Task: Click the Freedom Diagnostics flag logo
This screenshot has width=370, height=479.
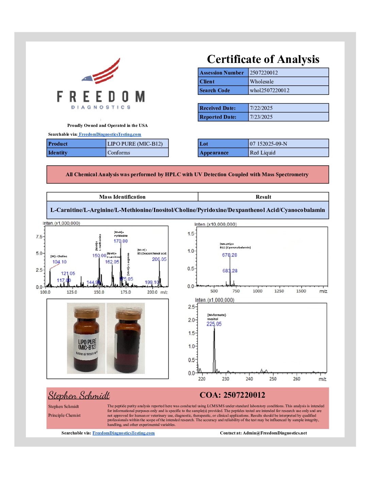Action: point(102,71)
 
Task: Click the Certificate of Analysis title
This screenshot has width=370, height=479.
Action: point(263,59)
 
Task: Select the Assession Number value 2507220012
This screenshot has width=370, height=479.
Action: point(264,72)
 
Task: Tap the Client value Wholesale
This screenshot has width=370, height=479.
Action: point(262,81)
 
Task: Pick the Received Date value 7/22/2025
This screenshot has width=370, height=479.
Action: point(261,108)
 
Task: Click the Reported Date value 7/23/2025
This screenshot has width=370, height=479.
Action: point(261,117)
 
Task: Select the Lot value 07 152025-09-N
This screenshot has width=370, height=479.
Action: point(268,144)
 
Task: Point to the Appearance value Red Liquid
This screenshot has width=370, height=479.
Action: point(263,152)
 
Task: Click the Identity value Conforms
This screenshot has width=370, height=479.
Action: point(119,152)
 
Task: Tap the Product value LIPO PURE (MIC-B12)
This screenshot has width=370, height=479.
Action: point(135,144)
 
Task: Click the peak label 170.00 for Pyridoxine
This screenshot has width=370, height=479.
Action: point(121,241)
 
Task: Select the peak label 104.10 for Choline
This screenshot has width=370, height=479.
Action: point(60,262)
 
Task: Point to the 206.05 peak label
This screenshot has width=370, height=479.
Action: point(159,259)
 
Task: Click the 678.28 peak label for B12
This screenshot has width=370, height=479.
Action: point(230,255)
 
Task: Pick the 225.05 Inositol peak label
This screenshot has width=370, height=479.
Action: point(214,324)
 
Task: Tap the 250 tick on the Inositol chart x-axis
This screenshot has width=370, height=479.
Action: point(273,379)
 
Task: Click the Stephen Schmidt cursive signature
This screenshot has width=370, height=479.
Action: point(79,395)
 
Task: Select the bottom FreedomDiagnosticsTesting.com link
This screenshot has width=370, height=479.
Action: point(123,433)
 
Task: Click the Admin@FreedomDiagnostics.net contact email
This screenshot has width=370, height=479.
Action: point(275,433)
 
